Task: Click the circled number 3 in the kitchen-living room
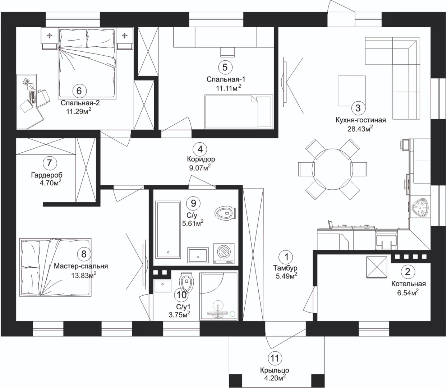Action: (358, 108)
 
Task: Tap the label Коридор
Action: (201, 159)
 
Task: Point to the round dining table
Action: (332, 169)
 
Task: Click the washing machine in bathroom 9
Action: (224, 254)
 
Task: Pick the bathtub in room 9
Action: (168, 230)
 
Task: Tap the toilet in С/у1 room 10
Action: (186, 283)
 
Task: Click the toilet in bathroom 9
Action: (225, 212)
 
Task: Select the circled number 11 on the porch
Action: (275, 358)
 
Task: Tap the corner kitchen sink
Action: (420, 208)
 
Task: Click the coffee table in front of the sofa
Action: (351, 91)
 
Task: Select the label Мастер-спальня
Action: (81, 266)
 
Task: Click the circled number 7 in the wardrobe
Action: (49, 163)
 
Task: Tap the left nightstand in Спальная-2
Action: (50, 39)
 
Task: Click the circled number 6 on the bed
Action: (79, 91)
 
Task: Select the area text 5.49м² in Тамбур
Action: (286, 276)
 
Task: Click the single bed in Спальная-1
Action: (239, 112)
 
